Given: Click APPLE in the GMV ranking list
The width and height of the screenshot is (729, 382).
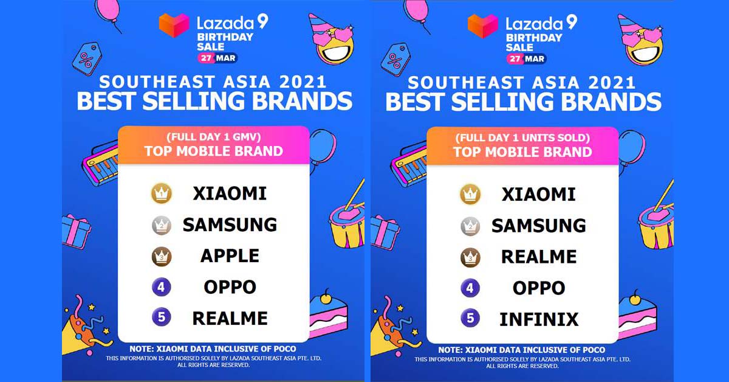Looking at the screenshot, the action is click(230, 255).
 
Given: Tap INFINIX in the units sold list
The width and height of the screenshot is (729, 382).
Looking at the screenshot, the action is click(539, 319).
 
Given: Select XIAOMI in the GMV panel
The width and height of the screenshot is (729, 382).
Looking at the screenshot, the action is click(230, 193).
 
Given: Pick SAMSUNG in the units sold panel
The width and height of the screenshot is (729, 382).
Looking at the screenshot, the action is click(539, 226).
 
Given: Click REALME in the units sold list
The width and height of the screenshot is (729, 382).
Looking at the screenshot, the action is click(539, 257).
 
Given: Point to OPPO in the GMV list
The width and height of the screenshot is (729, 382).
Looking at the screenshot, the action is click(230, 287).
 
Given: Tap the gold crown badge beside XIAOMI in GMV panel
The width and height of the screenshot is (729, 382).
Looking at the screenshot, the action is click(162, 193).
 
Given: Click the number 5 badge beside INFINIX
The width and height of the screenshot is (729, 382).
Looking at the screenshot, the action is click(470, 318).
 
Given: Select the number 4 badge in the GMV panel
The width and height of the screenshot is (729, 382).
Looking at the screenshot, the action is click(162, 287).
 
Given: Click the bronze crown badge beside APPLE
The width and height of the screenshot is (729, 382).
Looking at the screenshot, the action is click(162, 257).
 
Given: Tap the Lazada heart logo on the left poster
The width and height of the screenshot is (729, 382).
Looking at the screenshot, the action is click(174, 25).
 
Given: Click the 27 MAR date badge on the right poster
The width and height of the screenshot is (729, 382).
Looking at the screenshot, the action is click(526, 59).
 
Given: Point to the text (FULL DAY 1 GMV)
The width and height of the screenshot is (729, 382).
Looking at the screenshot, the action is click(214, 137).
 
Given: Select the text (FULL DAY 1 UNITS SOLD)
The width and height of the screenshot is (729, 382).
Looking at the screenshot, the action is click(522, 138).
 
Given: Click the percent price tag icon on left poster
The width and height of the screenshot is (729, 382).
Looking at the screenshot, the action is click(87, 58).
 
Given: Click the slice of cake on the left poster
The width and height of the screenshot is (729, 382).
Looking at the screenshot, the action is click(328, 314).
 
